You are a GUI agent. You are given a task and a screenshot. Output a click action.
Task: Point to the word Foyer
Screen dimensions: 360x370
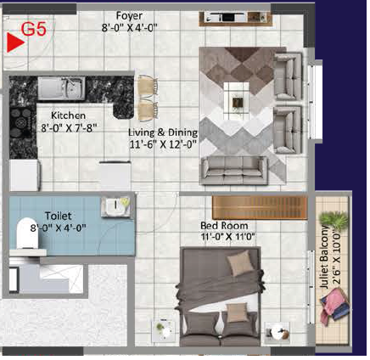tap(130, 16)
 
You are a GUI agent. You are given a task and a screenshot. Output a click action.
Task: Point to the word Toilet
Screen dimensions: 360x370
tap(59, 217)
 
